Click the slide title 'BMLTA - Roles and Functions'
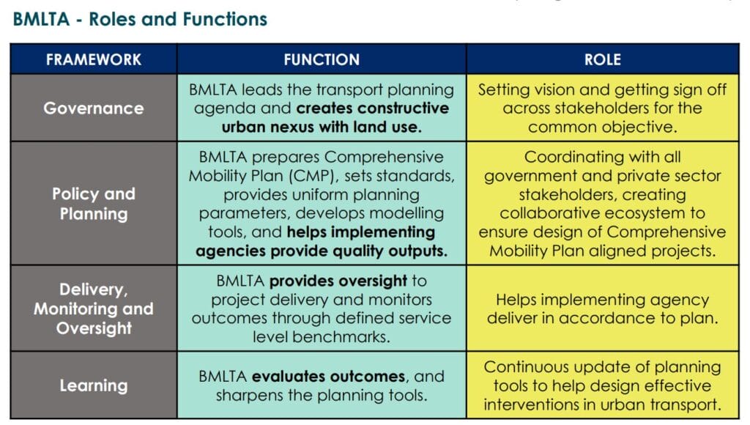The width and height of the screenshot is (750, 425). pyautogui.click(x=140, y=19)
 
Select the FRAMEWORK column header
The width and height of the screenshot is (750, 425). pyautogui.click(x=94, y=59)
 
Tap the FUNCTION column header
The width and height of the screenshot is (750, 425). pyautogui.click(x=322, y=59)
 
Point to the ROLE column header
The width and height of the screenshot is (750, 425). pyautogui.click(x=603, y=59)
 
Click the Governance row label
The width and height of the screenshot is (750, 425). pyautogui.click(x=94, y=108)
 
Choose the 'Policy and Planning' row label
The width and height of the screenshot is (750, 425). pyautogui.click(x=94, y=204)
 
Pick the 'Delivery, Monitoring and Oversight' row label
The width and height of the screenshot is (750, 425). pyautogui.click(x=94, y=308)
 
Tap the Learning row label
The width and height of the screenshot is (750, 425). pyautogui.click(x=94, y=385)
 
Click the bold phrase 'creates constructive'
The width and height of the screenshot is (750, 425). pyautogui.click(x=373, y=108)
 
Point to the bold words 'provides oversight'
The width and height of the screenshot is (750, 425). pyautogui.click(x=338, y=281)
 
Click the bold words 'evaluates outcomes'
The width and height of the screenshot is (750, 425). pyautogui.click(x=329, y=377)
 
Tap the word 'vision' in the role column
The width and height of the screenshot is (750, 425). pyautogui.click(x=551, y=90)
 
